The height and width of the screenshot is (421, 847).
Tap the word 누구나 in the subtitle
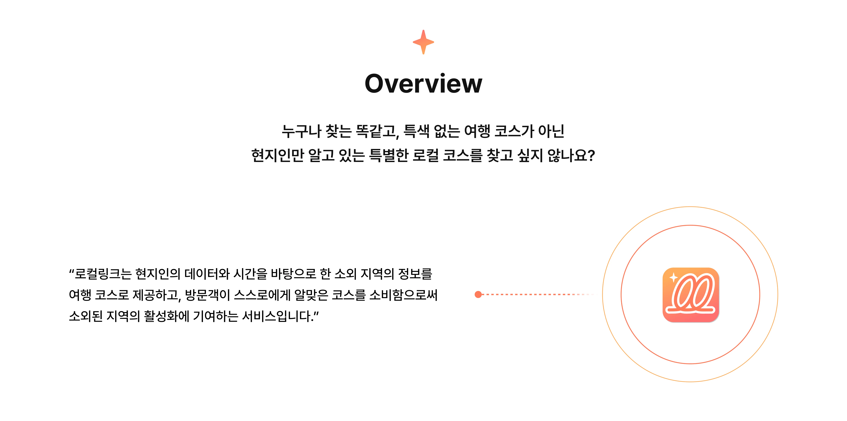(301, 131)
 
